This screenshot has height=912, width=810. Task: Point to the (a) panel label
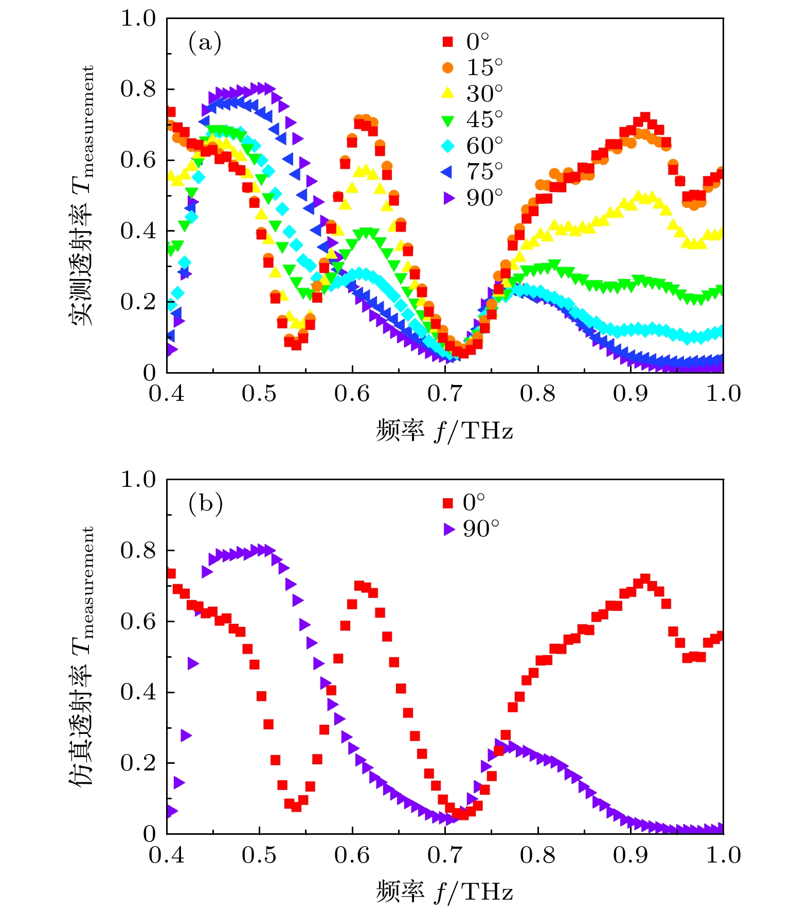click(x=205, y=42)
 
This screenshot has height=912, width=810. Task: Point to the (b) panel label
click(x=205, y=503)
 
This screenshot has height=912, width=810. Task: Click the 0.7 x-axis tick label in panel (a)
click(x=444, y=394)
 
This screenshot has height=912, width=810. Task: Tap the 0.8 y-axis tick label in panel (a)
click(x=138, y=89)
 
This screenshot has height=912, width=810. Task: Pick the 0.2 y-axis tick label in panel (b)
click(x=138, y=763)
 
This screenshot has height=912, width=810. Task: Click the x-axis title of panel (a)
click(x=444, y=430)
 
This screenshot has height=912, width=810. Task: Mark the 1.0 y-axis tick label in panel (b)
click(x=138, y=480)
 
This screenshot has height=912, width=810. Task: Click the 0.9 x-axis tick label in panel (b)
click(x=630, y=855)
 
